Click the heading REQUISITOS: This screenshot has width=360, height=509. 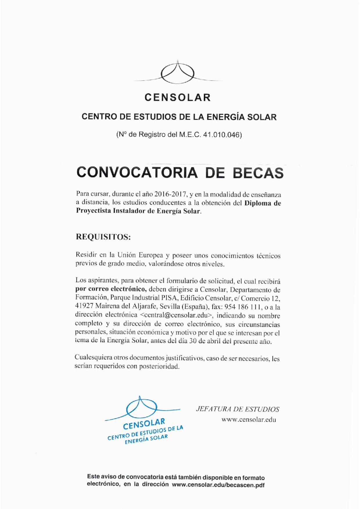[103, 237]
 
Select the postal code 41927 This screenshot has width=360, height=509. [84, 307]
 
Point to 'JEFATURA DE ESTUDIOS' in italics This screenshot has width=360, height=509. [238, 409]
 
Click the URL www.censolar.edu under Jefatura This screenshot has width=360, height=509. [249, 420]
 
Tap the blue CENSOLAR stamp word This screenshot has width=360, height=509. [144, 425]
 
